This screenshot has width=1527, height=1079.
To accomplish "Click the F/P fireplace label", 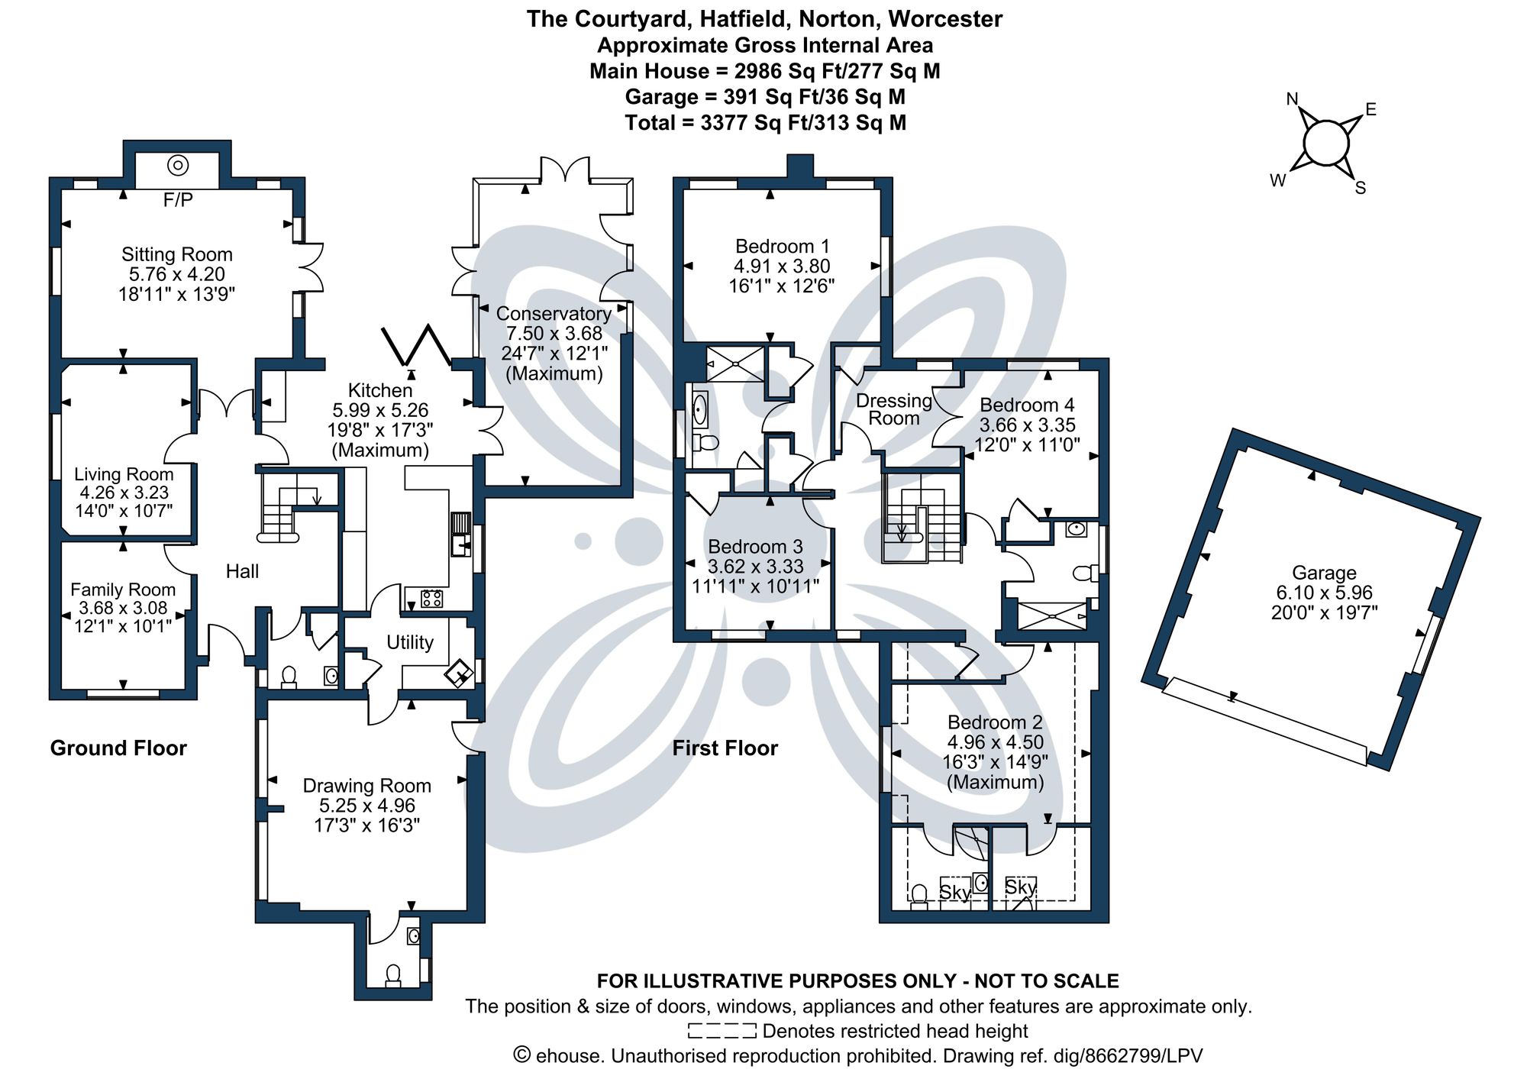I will click(178, 200).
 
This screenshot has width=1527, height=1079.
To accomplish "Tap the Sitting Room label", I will click(176, 254).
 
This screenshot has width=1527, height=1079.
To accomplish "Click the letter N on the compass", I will click(1293, 99).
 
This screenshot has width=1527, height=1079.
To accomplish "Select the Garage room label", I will click(1324, 573).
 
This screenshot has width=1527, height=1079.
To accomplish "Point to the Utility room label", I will click(409, 642).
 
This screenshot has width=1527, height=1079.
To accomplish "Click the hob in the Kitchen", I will click(431, 599).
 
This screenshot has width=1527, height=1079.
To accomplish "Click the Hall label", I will click(242, 571).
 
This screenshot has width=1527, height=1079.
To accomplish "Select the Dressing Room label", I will click(893, 409).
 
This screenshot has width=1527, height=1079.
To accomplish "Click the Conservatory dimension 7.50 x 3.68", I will click(554, 334).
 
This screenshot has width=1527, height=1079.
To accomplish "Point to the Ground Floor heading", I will click(118, 748).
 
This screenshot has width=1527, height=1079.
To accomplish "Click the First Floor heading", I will click(725, 748).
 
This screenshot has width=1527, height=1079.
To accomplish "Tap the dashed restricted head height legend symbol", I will click(722, 1031).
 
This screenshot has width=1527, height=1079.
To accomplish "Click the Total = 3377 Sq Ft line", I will click(765, 123).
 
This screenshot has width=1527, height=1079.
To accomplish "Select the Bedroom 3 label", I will click(755, 547).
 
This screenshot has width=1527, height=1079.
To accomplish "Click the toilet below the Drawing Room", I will click(393, 974).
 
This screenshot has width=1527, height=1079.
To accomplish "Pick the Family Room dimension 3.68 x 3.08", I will click(123, 609).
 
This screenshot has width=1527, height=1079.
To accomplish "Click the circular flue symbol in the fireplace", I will click(178, 164).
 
